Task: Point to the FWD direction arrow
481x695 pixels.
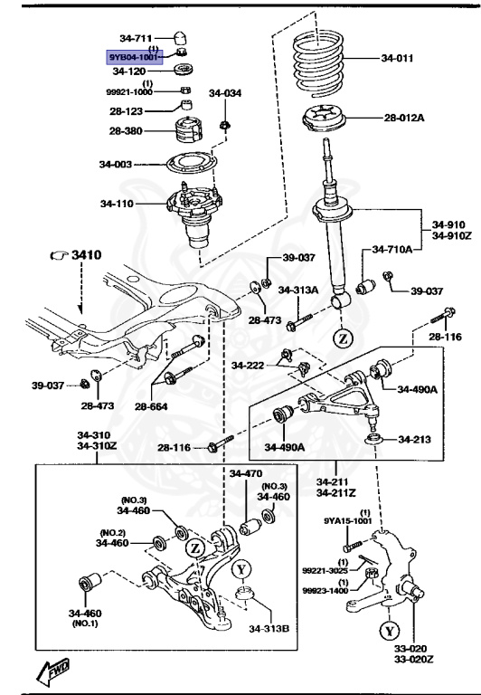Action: coord(54,671)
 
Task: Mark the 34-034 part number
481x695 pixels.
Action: coord(225,93)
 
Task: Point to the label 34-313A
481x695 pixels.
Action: coord(298,290)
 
